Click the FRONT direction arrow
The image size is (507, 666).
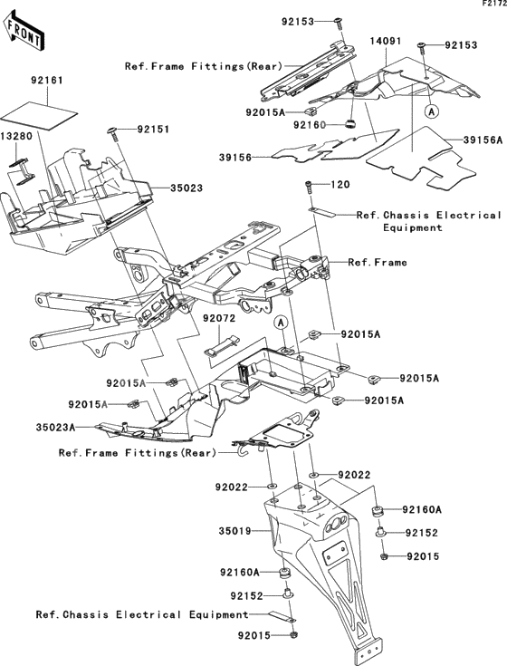tap(22, 30)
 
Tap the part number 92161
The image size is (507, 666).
tap(47, 81)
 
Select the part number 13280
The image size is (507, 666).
tap(16, 136)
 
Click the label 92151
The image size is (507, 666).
tap(153, 129)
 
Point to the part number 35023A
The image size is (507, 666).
tap(55, 428)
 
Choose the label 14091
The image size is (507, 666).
tap(386, 41)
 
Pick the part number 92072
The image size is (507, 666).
tap(219, 318)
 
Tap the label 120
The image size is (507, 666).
tap(340, 184)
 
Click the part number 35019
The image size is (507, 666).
tap(235, 531)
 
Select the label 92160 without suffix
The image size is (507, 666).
tap(310, 125)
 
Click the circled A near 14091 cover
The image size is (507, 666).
tap(432, 111)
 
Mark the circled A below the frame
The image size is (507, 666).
tap(281, 323)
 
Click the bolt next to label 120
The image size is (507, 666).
tap(309, 187)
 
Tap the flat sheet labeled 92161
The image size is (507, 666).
tap(40, 116)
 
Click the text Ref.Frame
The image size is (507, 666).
tap(378, 263)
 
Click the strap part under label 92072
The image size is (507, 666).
tap(222, 344)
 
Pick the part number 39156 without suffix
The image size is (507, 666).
tap(235, 157)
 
